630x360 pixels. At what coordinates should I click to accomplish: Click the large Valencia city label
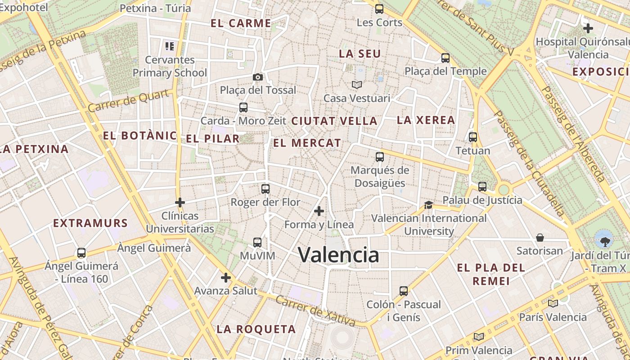[338, 255]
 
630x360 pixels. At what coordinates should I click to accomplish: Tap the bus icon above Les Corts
[379, 9]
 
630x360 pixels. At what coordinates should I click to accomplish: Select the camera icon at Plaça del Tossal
[258, 77]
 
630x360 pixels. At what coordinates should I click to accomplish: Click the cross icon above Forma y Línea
[319, 211]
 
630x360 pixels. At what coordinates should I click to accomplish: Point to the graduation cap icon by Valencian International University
[428, 205]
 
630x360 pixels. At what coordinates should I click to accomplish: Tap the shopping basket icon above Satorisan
[540, 237]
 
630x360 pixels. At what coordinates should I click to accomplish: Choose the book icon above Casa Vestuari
[357, 85]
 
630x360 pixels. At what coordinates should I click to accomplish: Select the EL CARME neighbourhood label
[241, 23]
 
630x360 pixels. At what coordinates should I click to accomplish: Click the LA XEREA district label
[426, 120]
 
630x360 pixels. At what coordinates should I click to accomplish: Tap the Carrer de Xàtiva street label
[315, 310]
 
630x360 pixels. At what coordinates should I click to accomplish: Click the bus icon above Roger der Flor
[265, 189]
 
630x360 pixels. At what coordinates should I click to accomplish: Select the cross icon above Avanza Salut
[226, 278]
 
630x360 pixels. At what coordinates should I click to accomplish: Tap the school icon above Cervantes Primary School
[170, 46]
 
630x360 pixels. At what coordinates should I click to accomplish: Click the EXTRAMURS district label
[90, 223]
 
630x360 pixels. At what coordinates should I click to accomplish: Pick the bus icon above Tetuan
[473, 137]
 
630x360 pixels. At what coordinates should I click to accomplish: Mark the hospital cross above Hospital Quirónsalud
[588, 28]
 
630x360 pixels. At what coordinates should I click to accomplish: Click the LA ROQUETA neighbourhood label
[256, 329]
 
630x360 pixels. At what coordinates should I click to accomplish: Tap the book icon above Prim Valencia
[479, 337]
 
